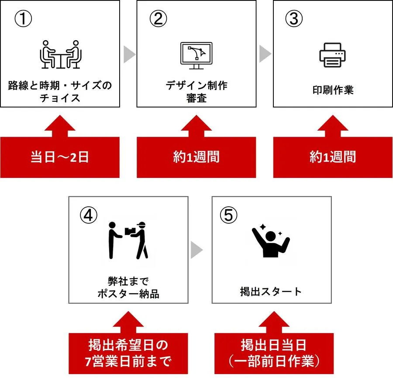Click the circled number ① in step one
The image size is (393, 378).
pyautogui.click(x=23, y=19)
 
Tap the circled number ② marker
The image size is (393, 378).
pyautogui.click(x=158, y=19)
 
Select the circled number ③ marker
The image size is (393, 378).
pyautogui.click(x=294, y=19)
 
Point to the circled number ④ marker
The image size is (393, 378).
pyautogui.click(x=89, y=215)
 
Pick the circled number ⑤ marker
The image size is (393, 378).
pyautogui.click(x=228, y=215)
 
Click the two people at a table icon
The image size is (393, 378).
pyautogui.click(x=60, y=54)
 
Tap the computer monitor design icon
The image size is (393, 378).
pyautogui.click(x=196, y=55)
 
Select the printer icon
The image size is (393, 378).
pyautogui.click(x=332, y=55)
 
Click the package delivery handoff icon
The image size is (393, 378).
pyautogui.click(x=128, y=240)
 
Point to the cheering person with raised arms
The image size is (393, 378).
pyautogui.click(x=271, y=241)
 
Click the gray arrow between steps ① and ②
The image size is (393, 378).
pyautogui.click(x=129, y=54)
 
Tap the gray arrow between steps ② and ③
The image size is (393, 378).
pyautogui.click(x=265, y=54)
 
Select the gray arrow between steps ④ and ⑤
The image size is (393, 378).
pyautogui.click(x=196, y=250)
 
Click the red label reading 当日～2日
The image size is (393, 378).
pyautogui.click(x=60, y=157)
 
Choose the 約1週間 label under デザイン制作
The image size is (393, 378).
pyautogui.click(x=196, y=157)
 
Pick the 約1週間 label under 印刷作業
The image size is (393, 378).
pyautogui.click(x=333, y=157)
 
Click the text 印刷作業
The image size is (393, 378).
pyautogui.click(x=333, y=90)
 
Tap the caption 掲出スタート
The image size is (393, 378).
pyautogui.click(x=271, y=291)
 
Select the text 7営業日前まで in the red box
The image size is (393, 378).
pyautogui.click(x=128, y=361)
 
